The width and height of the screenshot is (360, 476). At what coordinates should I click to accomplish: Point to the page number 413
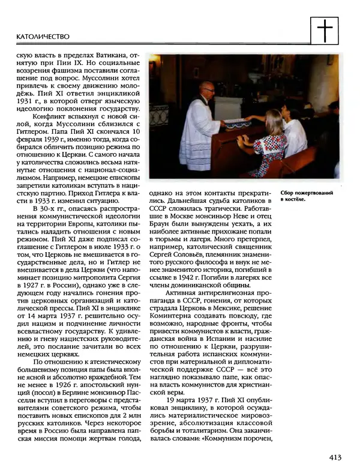334,458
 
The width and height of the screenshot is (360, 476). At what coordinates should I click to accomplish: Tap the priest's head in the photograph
207,89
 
